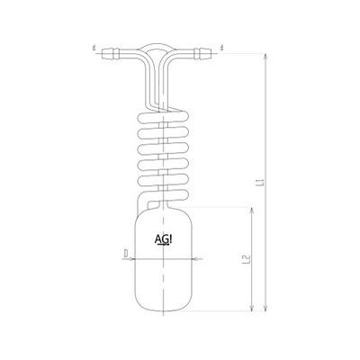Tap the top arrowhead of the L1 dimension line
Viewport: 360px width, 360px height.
[264, 54]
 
